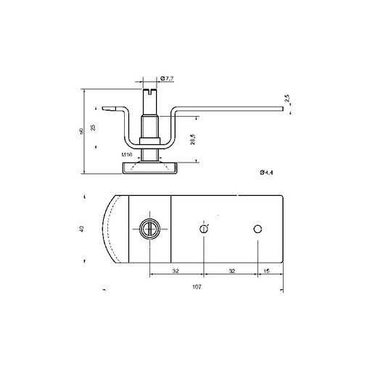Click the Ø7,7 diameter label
click(168, 78)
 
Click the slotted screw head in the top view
click(149, 229)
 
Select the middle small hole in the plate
click(205, 229)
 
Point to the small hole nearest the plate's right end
click(257, 229)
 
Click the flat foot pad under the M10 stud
click(149, 168)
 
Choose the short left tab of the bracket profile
click(111, 110)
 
